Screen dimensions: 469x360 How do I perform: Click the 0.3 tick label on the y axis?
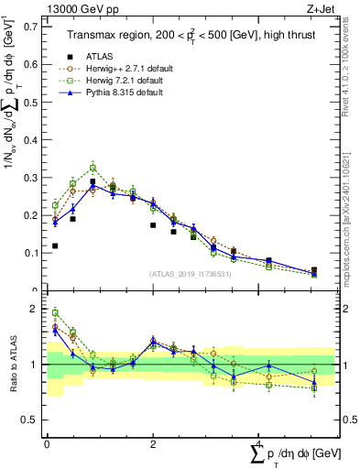31,176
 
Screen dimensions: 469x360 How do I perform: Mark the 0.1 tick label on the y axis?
31,252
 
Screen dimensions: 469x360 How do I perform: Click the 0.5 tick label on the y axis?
31,101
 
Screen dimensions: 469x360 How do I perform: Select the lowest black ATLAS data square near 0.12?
55,245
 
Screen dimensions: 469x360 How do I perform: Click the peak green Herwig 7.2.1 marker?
93,168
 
